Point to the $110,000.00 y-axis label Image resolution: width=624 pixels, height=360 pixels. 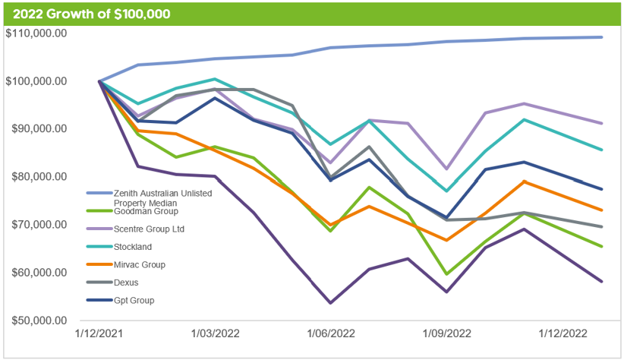[x=46, y=33]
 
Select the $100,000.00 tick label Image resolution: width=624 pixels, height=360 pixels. [x=46, y=81]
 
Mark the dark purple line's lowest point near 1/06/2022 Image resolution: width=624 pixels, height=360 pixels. [x=331, y=303]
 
